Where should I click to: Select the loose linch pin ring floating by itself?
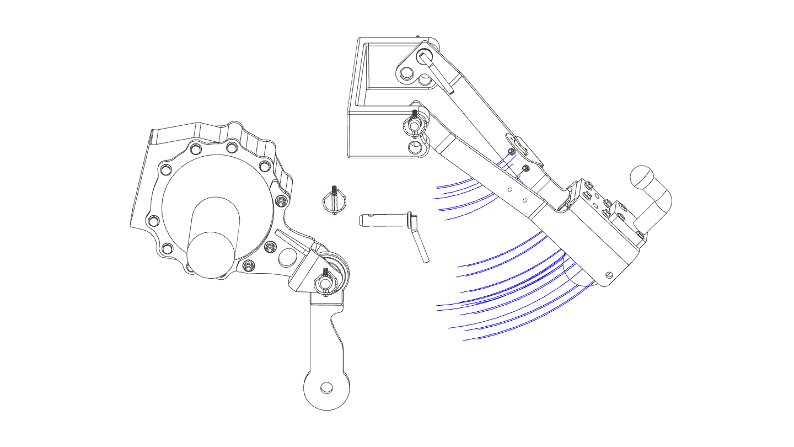point(334,201)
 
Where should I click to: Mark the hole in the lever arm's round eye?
point(326,389)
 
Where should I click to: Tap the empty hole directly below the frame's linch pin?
point(415,147)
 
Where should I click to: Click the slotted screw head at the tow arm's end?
point(609,275)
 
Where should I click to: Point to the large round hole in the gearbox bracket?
point(287,257)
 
